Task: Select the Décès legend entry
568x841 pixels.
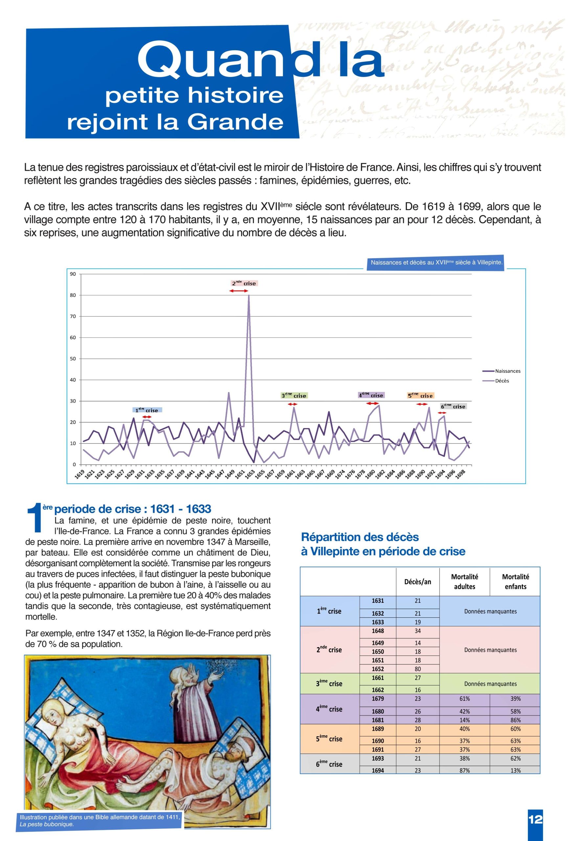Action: pyautogui.click(x=502, y=381)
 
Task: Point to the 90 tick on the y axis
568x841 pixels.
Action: pyautogui.click(x=73, y=274)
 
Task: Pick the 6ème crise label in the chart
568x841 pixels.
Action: pyautogui.click(x=453, y=406)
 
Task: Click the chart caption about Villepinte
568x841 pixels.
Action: pyautogui.click(x=436, y=262)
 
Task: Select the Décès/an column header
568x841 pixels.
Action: pyautogui.click(x=418, y=582)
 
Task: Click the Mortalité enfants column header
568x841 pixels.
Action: pyautogui.click(x=515, y=581)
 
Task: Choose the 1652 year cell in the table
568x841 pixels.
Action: pyautogui.click(x=378, y=669)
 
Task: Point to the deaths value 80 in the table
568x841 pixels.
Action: pyautogui.click(x=418, y=669)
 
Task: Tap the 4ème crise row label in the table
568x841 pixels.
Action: pyautogui.click(x=329, y=709)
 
